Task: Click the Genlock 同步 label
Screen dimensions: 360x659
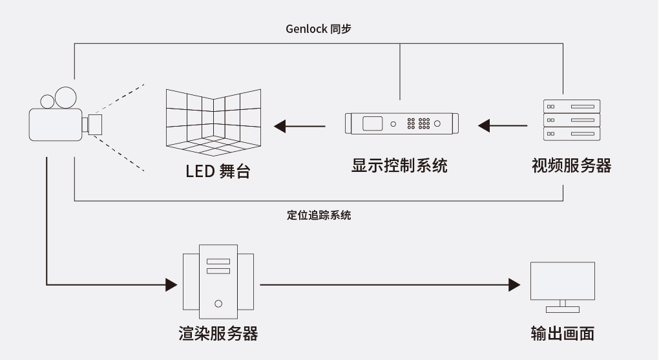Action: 319,29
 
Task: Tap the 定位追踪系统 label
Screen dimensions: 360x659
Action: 319,215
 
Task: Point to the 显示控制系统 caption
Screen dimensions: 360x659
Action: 399,165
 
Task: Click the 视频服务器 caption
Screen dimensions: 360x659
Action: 571,165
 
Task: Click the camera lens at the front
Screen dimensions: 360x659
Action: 95,125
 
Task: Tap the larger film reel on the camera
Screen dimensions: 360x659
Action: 65,97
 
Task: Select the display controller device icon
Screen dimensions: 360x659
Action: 401,123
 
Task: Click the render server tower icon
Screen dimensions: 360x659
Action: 218,281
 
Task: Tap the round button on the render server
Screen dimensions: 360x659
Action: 218,302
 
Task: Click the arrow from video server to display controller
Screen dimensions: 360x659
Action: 503,125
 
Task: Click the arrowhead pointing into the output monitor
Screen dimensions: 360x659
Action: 514,284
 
